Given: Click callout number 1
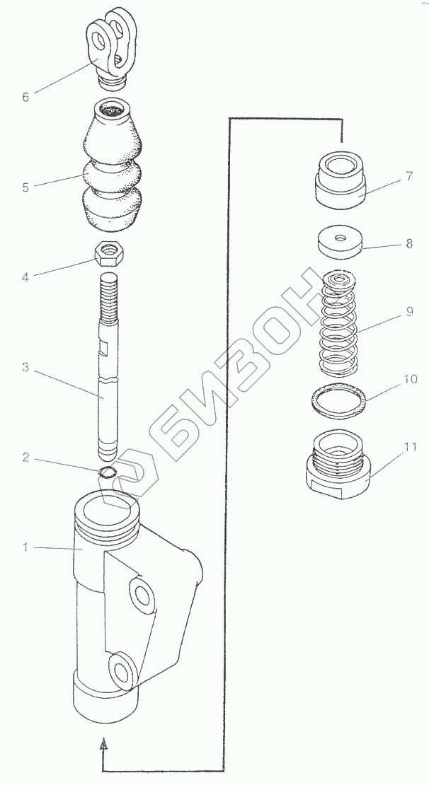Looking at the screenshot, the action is (x=26, y=547).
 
